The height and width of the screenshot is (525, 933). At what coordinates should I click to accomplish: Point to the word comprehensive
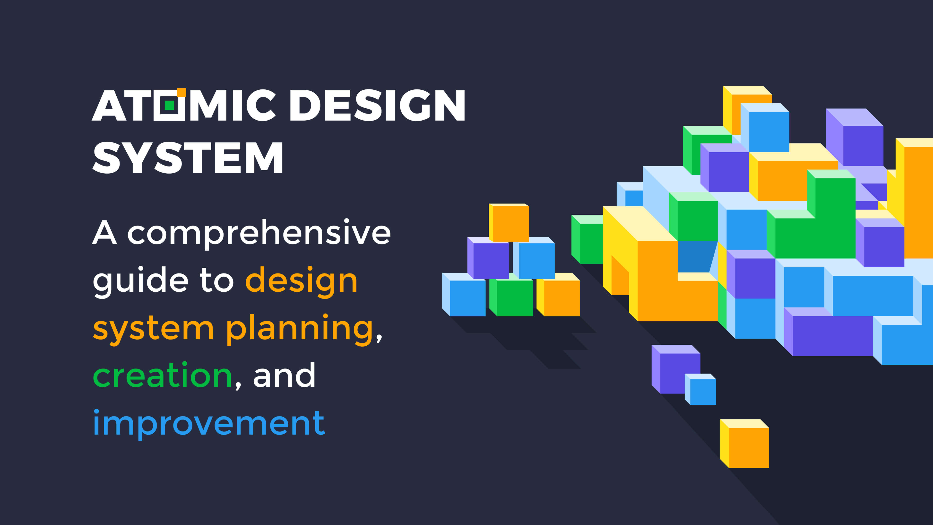(x=259, y=234)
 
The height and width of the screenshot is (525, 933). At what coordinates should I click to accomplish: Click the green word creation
(x=162, y=376)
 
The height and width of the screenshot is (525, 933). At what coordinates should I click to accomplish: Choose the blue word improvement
(x=209, y=423)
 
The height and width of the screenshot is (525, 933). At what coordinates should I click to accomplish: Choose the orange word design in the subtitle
(x=301, y=281)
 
